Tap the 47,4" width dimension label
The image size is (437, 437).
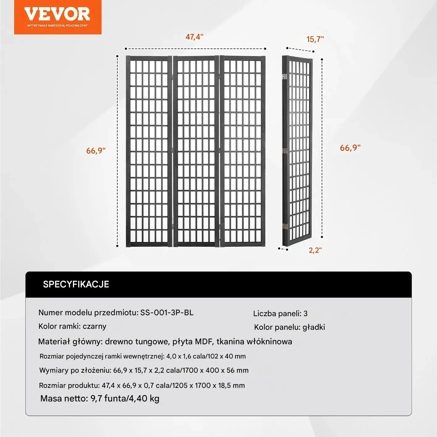pos(194,37)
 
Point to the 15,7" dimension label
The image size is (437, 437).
pos(315,39)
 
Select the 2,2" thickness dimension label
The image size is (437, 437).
pos(315,250)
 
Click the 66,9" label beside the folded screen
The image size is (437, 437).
pos(350,148)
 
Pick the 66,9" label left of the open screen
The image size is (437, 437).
pos(96,151)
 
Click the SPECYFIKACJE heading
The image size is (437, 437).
pos(76,284)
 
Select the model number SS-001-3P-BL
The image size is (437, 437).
pos(167,312)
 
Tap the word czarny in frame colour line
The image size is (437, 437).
pos(95,326)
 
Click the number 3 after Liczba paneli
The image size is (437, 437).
pos(305,313)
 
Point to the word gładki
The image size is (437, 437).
pos(314,327)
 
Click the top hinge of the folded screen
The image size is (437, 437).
pos(285,76)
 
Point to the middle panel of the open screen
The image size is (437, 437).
pos(196,151)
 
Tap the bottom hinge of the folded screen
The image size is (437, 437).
pos(285,226)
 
